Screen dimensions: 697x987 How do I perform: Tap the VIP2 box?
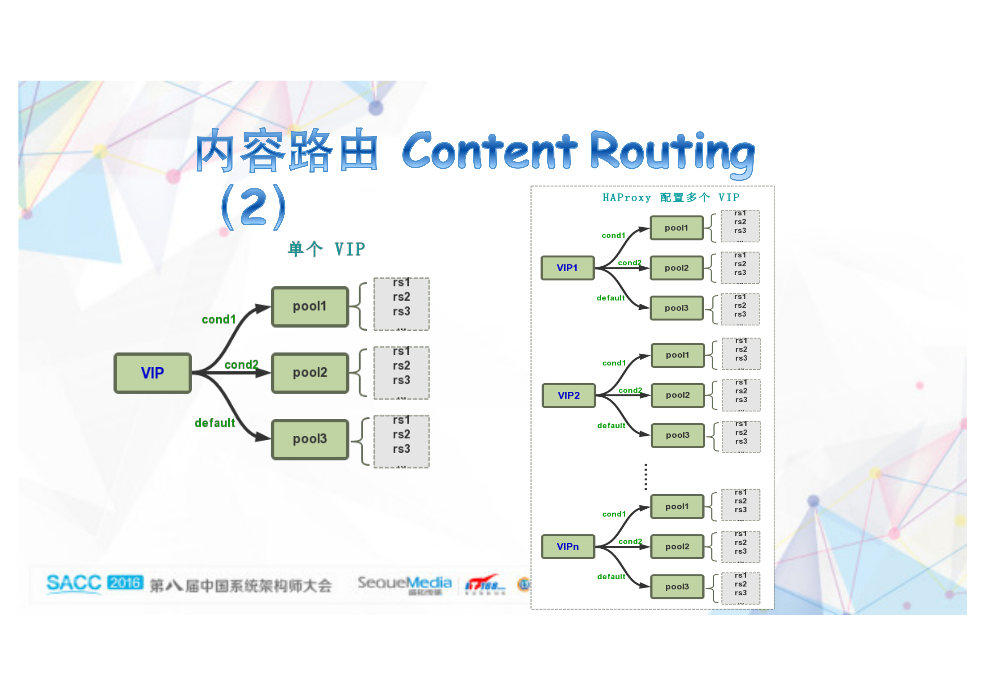point(568,395)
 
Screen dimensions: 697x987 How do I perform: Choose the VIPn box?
point(568,547)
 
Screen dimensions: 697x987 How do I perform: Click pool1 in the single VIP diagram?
point(310,306)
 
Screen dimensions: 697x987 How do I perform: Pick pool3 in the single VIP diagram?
point(310,439)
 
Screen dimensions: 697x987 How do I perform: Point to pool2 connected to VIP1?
point(676,268)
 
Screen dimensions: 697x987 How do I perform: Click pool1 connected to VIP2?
point(677,355)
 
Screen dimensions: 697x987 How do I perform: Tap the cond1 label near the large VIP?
point(218,320)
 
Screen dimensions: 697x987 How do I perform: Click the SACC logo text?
point(74,583)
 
